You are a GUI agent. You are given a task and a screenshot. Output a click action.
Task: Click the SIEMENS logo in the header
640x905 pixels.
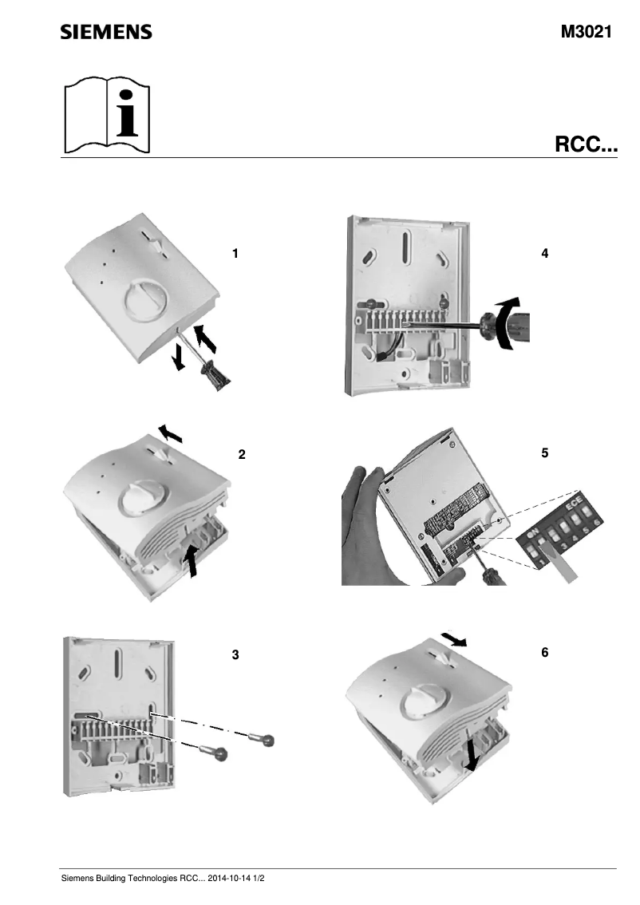point(106,32)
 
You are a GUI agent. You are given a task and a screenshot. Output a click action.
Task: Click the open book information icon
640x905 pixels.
point(107,116)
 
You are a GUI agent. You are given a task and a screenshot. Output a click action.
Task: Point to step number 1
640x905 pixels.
point(235,254)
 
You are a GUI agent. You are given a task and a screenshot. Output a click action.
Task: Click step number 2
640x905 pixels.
point(242,455)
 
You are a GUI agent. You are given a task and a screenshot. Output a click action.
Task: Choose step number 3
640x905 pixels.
point(235,654)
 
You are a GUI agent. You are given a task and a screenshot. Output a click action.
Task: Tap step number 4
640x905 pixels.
point(544,254)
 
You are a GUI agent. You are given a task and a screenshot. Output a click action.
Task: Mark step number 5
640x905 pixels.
point(544,452)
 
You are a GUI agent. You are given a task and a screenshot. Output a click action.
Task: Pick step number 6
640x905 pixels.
point(544,652)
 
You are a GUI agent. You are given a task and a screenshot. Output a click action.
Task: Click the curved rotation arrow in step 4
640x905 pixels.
point(506,322)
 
